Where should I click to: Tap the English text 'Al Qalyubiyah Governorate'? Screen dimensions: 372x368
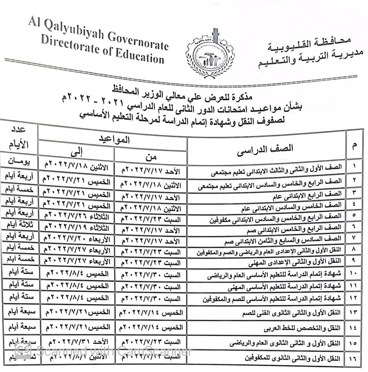coord(98,34)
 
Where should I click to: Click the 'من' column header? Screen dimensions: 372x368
coord(151,157)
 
